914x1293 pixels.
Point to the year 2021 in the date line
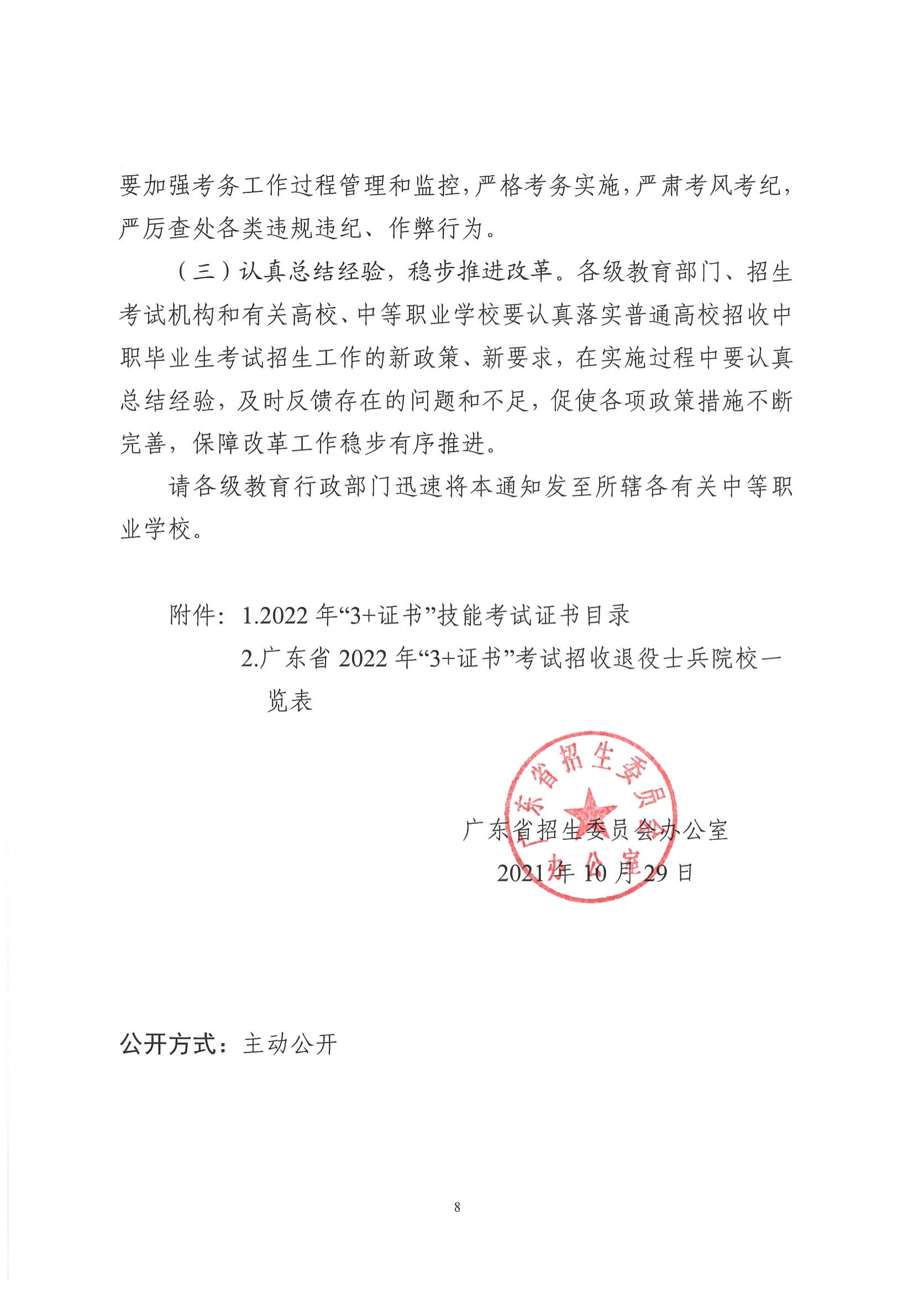tap(521, 874)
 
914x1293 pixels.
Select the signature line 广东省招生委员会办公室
tap(595, 831)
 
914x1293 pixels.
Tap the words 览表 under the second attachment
tap(289, 702)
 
